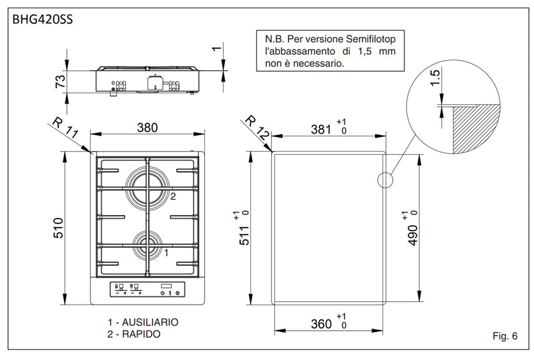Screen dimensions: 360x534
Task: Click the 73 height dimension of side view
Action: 59,82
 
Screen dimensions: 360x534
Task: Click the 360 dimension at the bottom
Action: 321,324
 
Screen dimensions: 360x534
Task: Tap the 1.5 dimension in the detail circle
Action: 434,78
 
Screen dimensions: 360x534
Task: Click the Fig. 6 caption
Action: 503,335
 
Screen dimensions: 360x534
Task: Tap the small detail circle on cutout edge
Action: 385,179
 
